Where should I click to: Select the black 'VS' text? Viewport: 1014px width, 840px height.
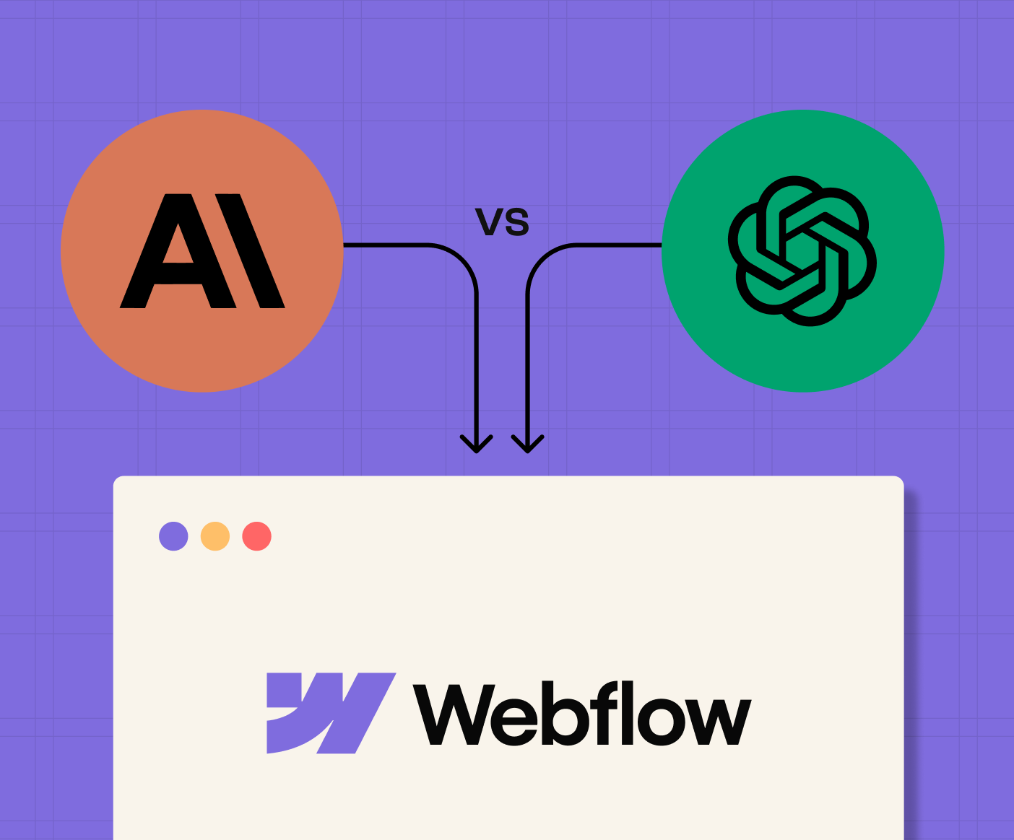click(x=503, y=222)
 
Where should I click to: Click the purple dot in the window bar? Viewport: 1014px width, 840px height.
click(x=173, y=536)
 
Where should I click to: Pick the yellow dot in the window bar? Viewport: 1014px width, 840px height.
click(x=215, y=536)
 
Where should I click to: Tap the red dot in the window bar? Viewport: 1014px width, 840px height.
click(x=256, y=536)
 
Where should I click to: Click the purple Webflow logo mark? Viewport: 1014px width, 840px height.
click(x=331, y=713)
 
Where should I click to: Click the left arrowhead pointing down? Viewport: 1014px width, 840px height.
click(x=477, y=443)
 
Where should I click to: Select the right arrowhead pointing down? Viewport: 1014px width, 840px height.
click(x=528, y=443)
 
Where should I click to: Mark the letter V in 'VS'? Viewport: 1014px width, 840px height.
click(x=489, y=222)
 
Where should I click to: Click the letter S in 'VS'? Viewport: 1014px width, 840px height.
click(x=517, y=223)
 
